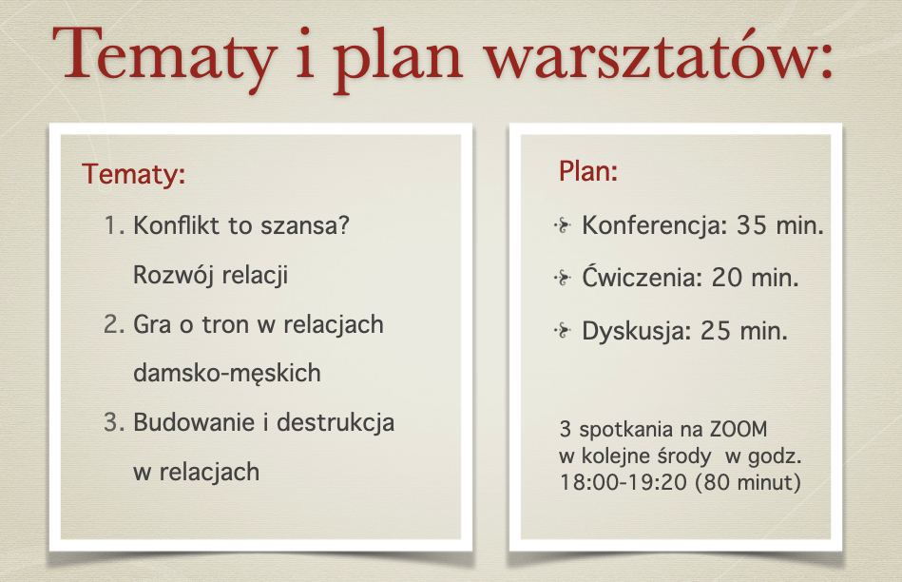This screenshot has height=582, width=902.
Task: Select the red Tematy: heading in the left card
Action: [x=133, y=174]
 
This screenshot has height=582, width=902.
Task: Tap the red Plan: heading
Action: [x=588, y=171]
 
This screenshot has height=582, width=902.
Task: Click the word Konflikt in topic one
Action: [x=177, y=225]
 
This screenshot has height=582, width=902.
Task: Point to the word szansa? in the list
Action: [x=305, y=225]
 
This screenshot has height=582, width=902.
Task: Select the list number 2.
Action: [x=114, y=324]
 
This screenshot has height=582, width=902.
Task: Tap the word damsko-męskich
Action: [x=226, y=374]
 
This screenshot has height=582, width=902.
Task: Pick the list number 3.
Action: [x=114, y=422]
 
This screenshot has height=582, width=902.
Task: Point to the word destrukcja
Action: [x=336, y=423]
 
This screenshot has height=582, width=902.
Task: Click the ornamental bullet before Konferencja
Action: [x=563, y=225]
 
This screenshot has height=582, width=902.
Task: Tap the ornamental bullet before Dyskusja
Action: [x=563, y=331]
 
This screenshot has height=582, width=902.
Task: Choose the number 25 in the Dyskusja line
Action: [x=715, y=331]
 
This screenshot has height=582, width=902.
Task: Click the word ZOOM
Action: [x=739, y=430]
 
